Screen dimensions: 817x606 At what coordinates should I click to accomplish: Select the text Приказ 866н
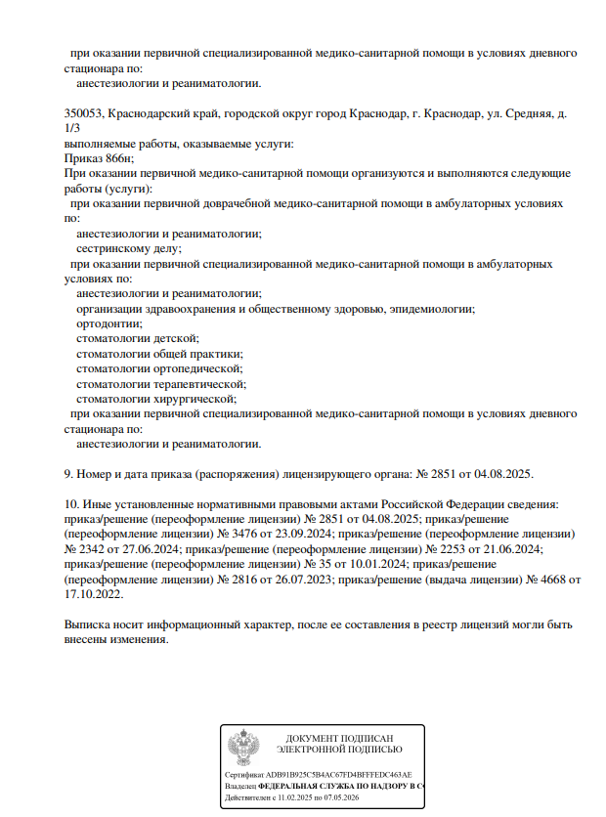[x=98, y=157]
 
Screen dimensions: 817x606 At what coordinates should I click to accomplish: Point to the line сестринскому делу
[x=128, y=248]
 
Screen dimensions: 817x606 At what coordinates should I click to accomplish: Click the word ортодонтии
[x=108, y=323]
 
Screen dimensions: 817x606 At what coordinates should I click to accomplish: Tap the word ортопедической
[x=197, y=368]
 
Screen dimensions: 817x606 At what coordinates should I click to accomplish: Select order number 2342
[x=88, y=549]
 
